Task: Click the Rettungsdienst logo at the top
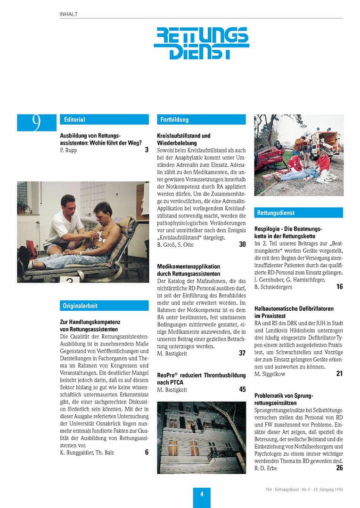(x=201, y=43)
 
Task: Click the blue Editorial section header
(x=104, y=120)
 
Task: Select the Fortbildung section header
(x=201, y=120)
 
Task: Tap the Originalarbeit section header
(x=104, y=306)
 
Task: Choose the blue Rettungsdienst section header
(x=299, y=213)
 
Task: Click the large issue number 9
(x=36, y=122)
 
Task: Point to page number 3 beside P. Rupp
(x=147, y=150)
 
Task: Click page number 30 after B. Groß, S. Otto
(x=243, y=244)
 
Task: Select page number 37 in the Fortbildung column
(x=243, y=353)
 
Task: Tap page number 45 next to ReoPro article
(x=243, y=389)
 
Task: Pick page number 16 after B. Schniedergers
(x=340, y=286)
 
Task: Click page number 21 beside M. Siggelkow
(x=340, y=373)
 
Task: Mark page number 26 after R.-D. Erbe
(x=340, y=468)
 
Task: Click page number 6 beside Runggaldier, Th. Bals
(x=147, y=452)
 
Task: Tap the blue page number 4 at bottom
(x=202, y=494)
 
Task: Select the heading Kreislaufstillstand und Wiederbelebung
(x=184, y=139)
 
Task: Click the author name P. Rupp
(x=69, y=150)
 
